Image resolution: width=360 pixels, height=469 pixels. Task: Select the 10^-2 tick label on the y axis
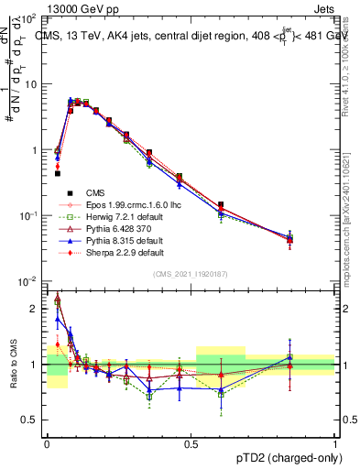(27, 280)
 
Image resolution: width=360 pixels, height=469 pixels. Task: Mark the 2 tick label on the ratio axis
(34, 309)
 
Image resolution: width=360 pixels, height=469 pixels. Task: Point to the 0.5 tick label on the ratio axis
(31, 420)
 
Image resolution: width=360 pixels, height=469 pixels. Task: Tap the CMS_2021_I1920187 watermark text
(191, 273)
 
